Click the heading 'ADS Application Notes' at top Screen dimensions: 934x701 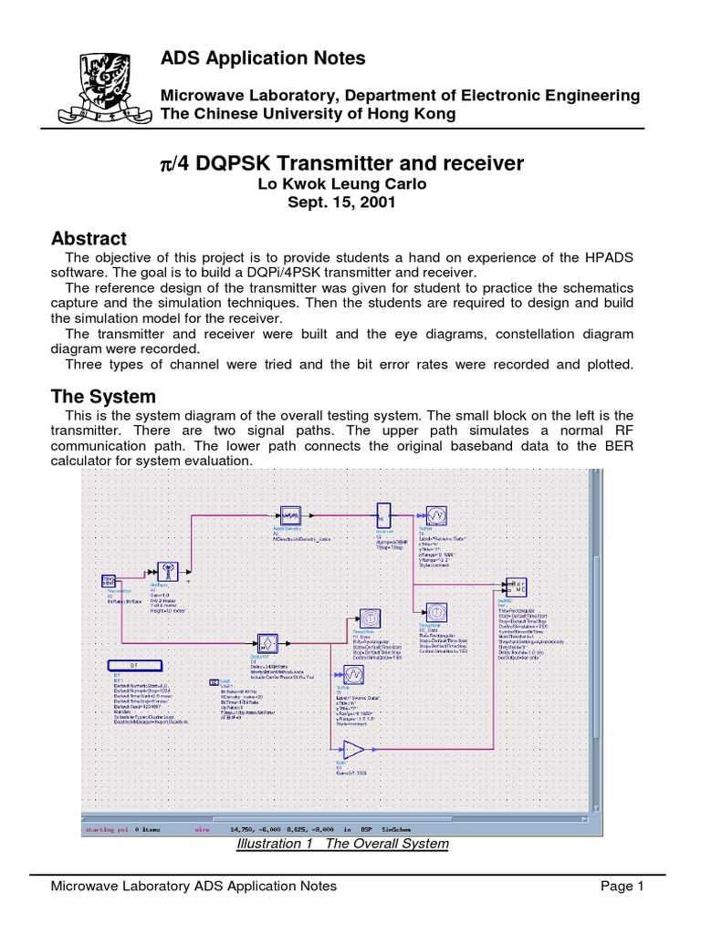pyautogui.click(x=263, y=58)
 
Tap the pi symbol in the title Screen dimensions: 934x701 pyautogui.click(x=166, y=164)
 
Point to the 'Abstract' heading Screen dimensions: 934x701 pyautogui.click(x=89, y=239)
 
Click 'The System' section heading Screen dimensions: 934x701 pyautogui.click(x=103, y=397)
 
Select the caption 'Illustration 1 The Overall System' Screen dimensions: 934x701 pyautogui.click(x=342, y=843)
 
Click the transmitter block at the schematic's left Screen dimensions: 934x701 pyautogui.click(x=108, y=581)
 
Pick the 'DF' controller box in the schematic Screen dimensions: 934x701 pyautogui.click(x=134, y=665)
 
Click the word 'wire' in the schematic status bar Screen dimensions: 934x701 pyautogui.click(x=202, y=830)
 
